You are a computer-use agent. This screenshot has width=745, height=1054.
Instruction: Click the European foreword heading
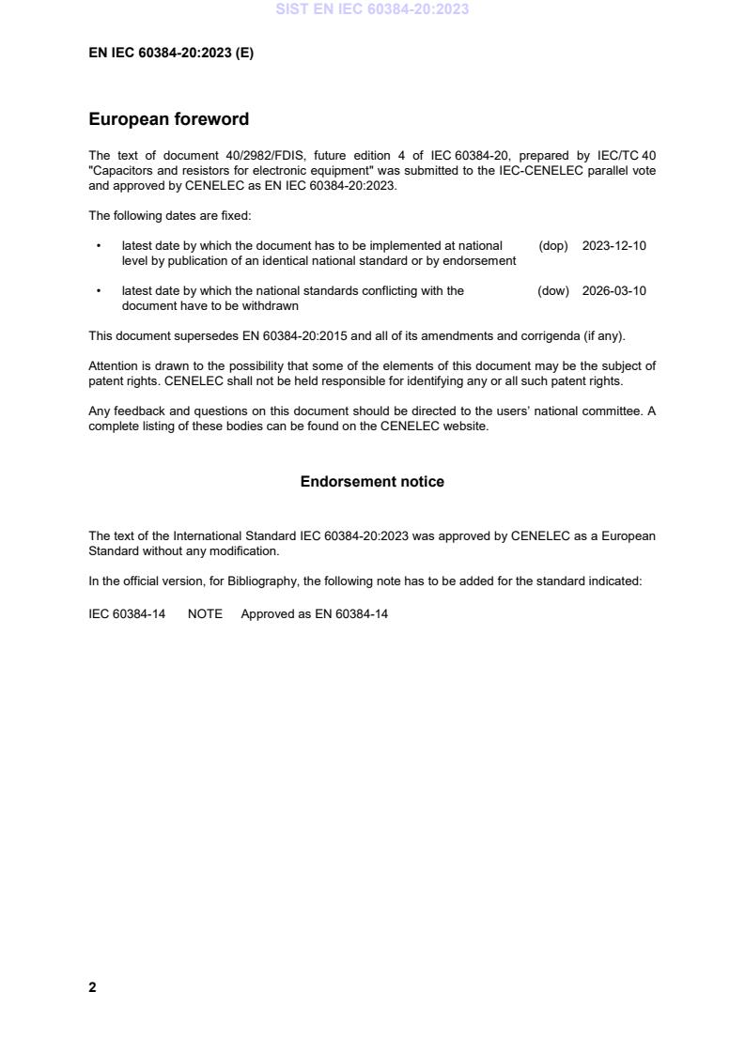click(x=169, y=119)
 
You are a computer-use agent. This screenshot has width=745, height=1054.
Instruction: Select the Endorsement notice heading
click(x=372, y=482)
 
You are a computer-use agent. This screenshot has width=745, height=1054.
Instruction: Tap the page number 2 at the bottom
click(x=92, y=987)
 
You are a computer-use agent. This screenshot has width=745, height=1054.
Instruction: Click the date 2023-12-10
click(x=614, y=246)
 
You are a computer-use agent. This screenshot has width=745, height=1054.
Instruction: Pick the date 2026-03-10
click(x=614, y=291)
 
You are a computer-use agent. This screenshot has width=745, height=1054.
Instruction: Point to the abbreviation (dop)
click(x=553, y=246)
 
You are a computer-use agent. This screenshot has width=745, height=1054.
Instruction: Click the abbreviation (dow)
click(x=553, y=291)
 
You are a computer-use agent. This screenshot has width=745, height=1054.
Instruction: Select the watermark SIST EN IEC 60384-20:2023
click(x=372, y=9)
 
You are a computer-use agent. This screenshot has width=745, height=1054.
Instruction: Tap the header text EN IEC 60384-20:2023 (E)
click(x=171, y=54)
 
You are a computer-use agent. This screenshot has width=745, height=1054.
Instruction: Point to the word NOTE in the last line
click(x=205, y=614)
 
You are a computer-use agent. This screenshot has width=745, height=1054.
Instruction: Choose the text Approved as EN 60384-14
click(x=314, y=614)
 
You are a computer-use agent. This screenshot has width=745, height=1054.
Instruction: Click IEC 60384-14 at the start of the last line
click(x=127, y=614)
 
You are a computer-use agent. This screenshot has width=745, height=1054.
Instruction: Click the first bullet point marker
click(x=99, y=246)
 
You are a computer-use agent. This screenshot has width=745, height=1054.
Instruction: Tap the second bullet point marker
click(x=99, y=291)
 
